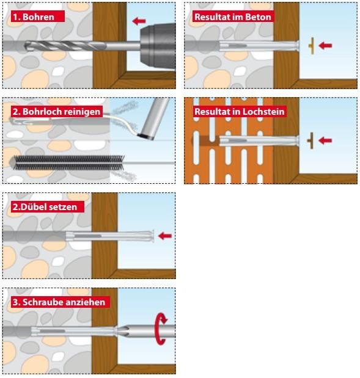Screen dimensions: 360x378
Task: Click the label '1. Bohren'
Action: tap(34, 17)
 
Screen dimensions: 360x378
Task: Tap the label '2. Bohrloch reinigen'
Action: tap(56, 112)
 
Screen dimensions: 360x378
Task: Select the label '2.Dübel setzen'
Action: tap(45, 207)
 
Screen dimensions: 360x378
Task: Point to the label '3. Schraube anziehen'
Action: tap(59, 302)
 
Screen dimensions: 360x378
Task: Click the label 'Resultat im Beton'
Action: tap(233, 17)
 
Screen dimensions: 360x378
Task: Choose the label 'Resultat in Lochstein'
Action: tap(240, 112)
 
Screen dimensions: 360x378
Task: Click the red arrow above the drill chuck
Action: tap(139, 21)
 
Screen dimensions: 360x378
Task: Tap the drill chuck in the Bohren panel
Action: tap(158, 46)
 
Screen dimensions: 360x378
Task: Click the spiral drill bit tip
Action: tap(26, 46)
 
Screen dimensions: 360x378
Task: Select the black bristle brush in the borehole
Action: tap(69, 162)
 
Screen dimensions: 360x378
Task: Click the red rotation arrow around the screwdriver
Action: tap(161, 329)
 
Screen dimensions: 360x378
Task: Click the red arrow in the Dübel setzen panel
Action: tap(165, 236)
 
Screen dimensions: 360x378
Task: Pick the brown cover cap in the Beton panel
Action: tap(312, 46)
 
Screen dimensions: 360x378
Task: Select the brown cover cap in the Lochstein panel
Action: tap(310, 140)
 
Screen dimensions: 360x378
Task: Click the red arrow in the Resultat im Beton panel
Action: tap(325, 45)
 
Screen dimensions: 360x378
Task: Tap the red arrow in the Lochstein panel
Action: tap(325, 140)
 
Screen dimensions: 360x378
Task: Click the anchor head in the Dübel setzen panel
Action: tap(152, 236)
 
